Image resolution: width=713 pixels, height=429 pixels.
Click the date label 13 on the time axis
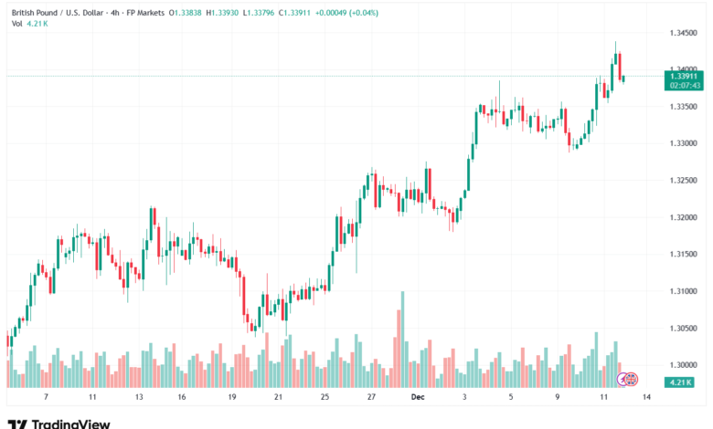pyautogui.click(x=138, y=398)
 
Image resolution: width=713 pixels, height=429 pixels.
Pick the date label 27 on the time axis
pyautogui.click(x=371, y=398)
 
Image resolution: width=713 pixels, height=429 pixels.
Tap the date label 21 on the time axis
pyautogui.click(x=278, y=398)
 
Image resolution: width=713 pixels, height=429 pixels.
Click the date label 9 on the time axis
pyautogui.click(x=558, y=398)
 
